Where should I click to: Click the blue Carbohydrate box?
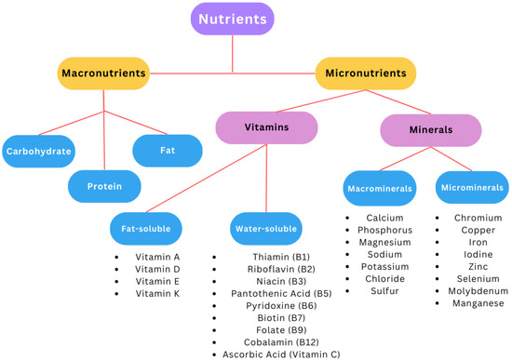point(39,151)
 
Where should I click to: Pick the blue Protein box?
point(104,185)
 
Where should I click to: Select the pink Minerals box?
point(424,130)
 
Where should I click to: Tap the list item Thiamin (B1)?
point(281,257)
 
